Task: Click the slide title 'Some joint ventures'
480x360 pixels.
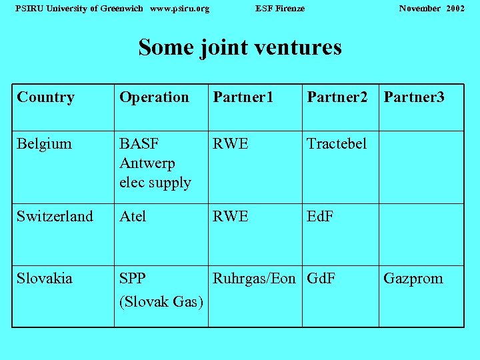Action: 240,47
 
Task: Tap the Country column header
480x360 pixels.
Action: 45,97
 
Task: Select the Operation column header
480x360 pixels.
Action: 154,97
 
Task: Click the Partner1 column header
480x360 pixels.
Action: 243,97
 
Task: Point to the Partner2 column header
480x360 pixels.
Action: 337,97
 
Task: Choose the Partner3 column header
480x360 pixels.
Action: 414,97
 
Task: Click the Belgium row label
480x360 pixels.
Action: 44,143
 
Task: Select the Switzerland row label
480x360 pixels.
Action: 55,216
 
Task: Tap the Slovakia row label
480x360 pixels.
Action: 45,278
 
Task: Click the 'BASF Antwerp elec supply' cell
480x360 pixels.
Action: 155,163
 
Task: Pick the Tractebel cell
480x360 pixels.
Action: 337,143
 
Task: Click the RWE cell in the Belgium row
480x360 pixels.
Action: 231,143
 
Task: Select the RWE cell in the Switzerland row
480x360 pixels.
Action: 231,216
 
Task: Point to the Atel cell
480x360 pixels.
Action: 133,216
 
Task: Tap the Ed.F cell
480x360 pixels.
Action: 320,216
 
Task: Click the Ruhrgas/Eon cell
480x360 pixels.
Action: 254,278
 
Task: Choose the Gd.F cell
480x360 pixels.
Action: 321,278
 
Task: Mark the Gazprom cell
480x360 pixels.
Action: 413,278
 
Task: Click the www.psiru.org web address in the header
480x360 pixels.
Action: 180,8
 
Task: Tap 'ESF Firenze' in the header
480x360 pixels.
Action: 280,8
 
